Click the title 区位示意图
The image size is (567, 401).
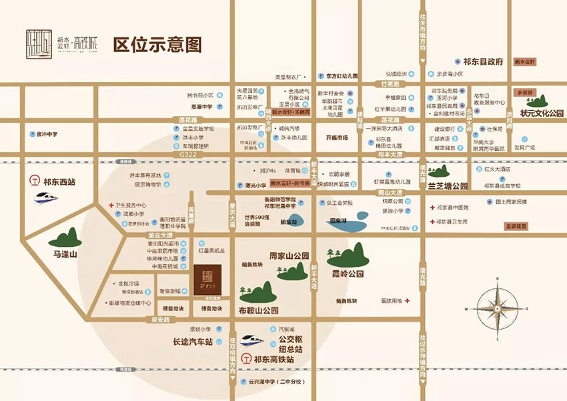tap(157, 45)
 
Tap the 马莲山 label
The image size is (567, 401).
tap(66, 255)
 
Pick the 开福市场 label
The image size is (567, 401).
tap(337, 137)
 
